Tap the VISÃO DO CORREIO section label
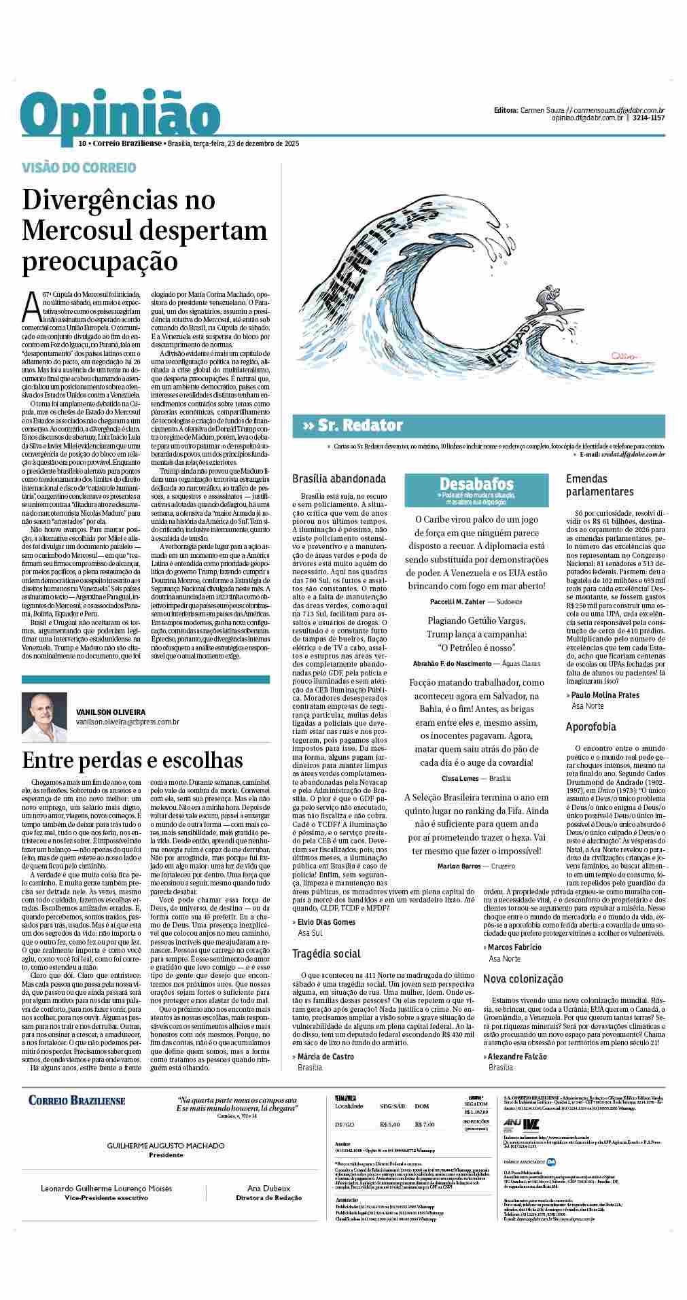pos(79,167)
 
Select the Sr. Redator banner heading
pos(353,426)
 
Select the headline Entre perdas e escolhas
pos(133,759)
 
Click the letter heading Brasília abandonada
pos(338,478)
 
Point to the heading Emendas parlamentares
pos(600,485)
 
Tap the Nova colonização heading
pos(523,979)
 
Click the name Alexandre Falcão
pos(517,1057)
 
